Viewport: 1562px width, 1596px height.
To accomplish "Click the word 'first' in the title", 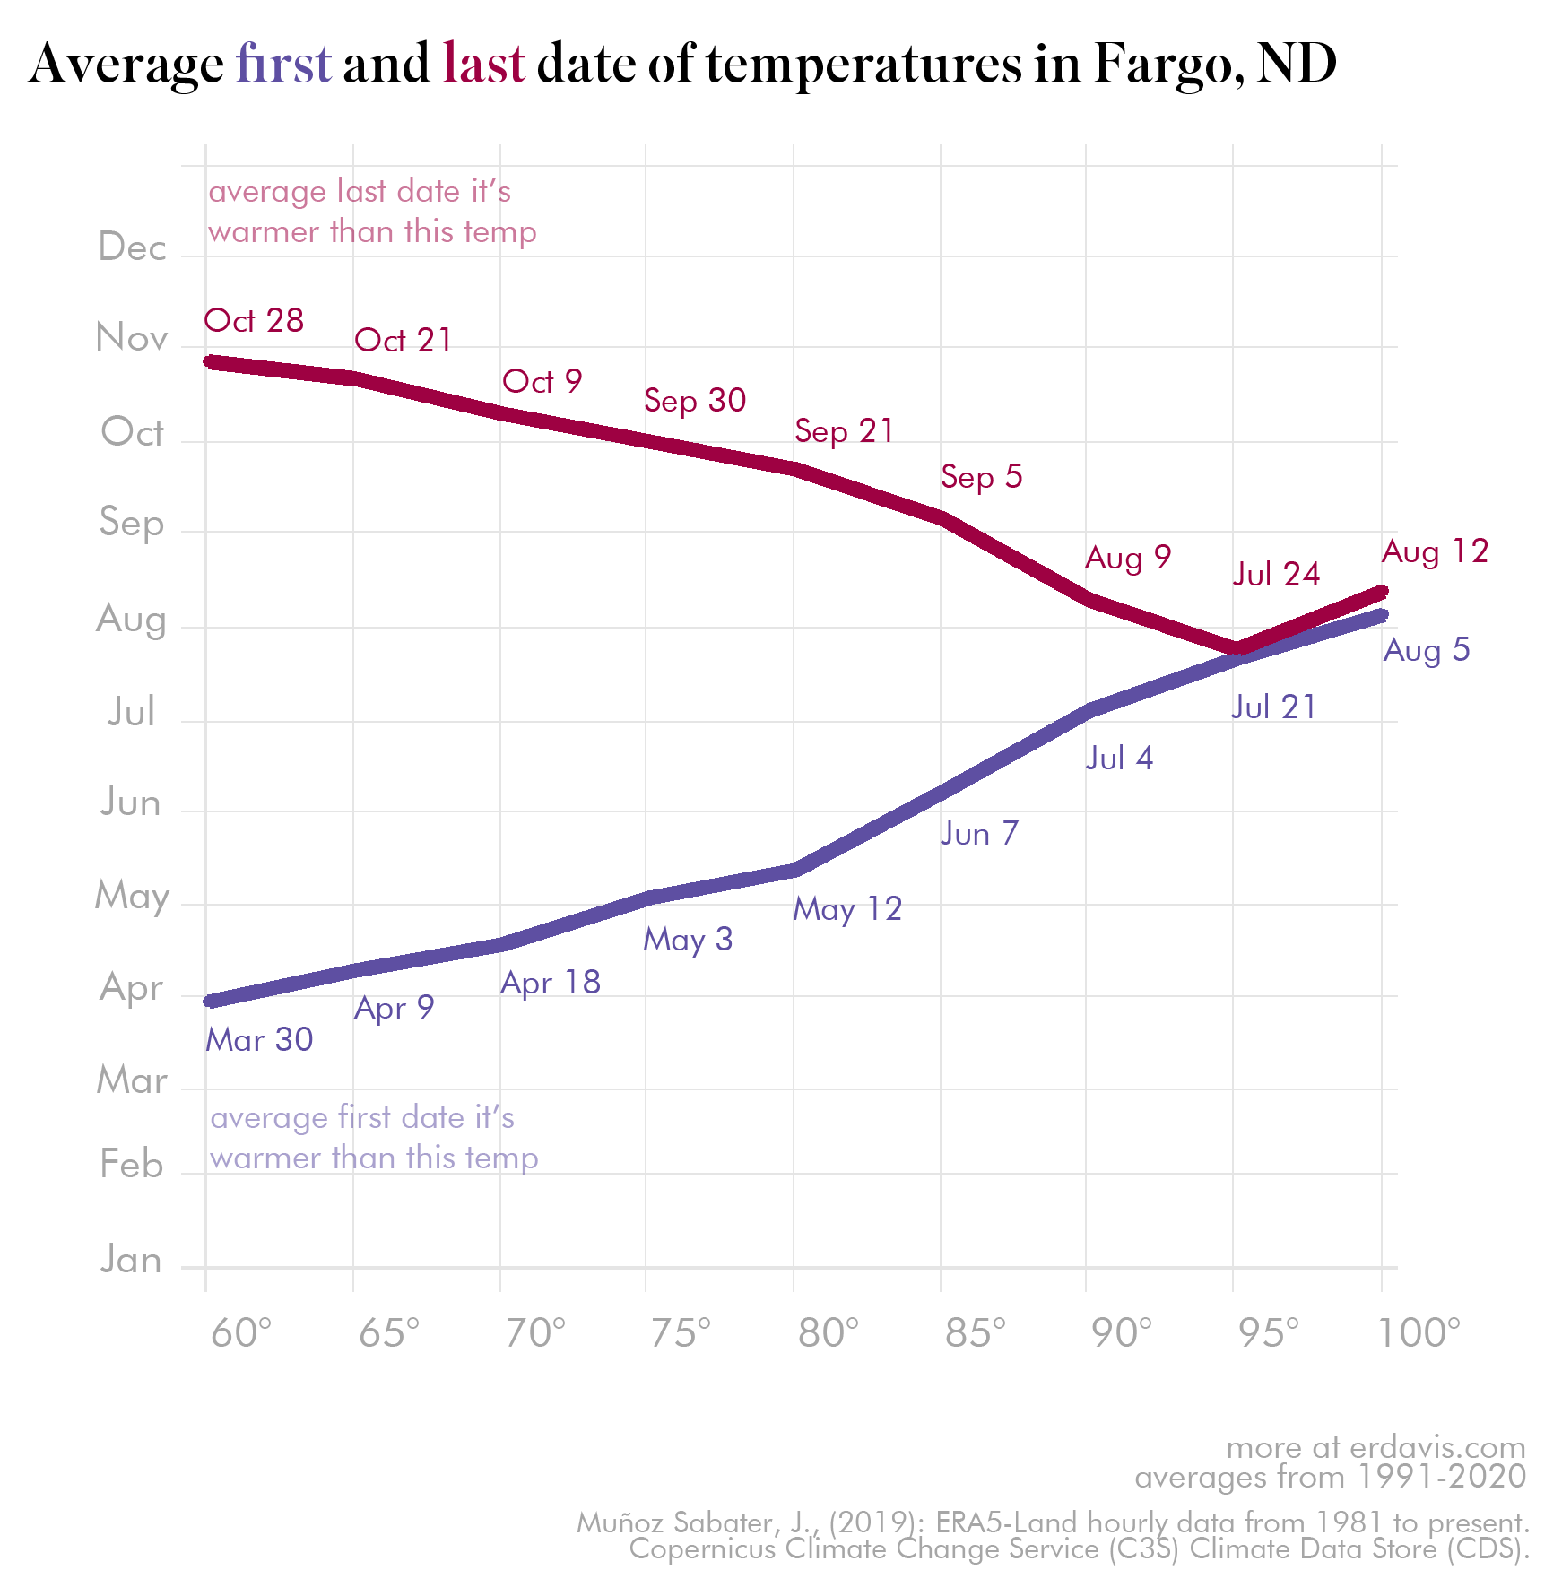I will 283,65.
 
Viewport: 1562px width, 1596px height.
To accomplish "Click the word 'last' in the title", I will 483,65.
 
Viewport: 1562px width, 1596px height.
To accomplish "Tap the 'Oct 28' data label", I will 254,321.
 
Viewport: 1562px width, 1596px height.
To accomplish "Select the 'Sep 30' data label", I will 695,401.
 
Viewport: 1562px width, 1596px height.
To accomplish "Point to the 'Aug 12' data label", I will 1435,551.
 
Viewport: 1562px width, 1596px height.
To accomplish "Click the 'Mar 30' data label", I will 259,1040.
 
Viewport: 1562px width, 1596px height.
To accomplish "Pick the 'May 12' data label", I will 847,909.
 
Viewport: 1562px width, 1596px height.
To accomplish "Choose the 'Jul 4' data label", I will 1119,759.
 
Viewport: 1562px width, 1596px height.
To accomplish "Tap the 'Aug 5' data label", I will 1427,650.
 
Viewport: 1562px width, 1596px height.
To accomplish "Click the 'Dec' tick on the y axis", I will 132,247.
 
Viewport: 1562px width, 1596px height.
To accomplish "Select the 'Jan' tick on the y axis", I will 131,1261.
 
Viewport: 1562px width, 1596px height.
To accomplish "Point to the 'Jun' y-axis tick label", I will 131,802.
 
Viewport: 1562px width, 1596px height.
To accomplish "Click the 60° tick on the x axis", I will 240,1333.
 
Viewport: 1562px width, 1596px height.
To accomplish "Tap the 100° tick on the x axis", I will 1419,1333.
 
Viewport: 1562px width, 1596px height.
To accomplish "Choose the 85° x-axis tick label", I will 975,1333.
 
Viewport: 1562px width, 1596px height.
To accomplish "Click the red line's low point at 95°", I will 1235,648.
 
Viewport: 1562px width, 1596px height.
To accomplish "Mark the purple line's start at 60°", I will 208,1001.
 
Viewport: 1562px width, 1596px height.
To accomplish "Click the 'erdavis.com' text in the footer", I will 1437,1447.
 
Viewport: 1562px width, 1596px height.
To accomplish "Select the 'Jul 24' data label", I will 1276,575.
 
